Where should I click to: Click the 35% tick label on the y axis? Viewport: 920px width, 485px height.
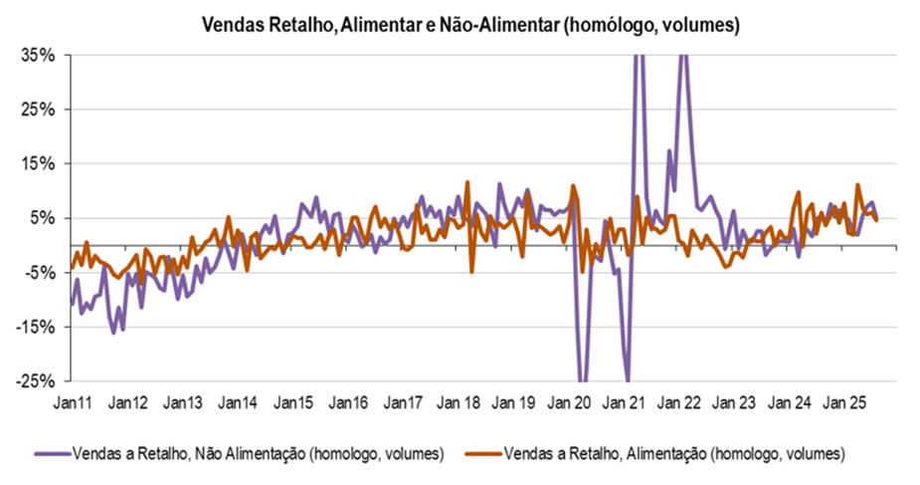point(38,55)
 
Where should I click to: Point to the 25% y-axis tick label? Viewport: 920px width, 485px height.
point(38,109)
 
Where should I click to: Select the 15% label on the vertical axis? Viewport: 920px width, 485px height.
point(38,163)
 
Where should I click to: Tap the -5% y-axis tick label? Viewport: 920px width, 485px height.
point(38,272)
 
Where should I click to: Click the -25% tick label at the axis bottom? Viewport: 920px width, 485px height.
point(35,380)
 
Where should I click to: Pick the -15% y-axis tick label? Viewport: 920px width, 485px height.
point(35,326)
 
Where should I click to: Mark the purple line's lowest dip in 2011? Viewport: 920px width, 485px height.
point(113,332)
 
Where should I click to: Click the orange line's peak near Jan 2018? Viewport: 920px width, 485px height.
point(467,183)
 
